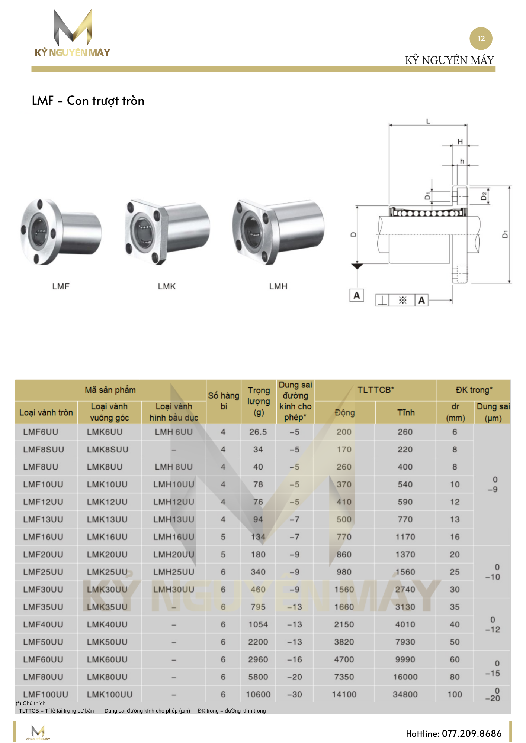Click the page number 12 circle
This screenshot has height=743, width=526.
coord(481,39)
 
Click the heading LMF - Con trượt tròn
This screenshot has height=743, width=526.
coord(88,101)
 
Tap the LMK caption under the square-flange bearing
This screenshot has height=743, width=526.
coord(166,286)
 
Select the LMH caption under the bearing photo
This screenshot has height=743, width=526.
coord(278,286)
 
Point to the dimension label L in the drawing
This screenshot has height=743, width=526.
coord(428,121)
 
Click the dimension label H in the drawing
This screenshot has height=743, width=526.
coord(460,141)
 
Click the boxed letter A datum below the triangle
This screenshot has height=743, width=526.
coord(356,296)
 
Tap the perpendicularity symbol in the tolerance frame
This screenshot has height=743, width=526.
coord(382,300)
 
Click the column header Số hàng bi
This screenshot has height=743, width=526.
coord(223,401)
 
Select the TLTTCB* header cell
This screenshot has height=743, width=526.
coord(375,390)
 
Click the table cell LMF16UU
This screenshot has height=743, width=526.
coord(43,537)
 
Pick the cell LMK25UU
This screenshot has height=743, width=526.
coord(107,572)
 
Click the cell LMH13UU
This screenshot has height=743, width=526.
coord(174,519)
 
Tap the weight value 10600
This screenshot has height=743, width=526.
coord(258,694)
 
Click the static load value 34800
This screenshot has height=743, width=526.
coord(405,694)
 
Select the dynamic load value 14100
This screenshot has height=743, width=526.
coord(344,694)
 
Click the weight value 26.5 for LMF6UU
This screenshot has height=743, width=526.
coord(258,432)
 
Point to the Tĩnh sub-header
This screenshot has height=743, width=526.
coord(405,412)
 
